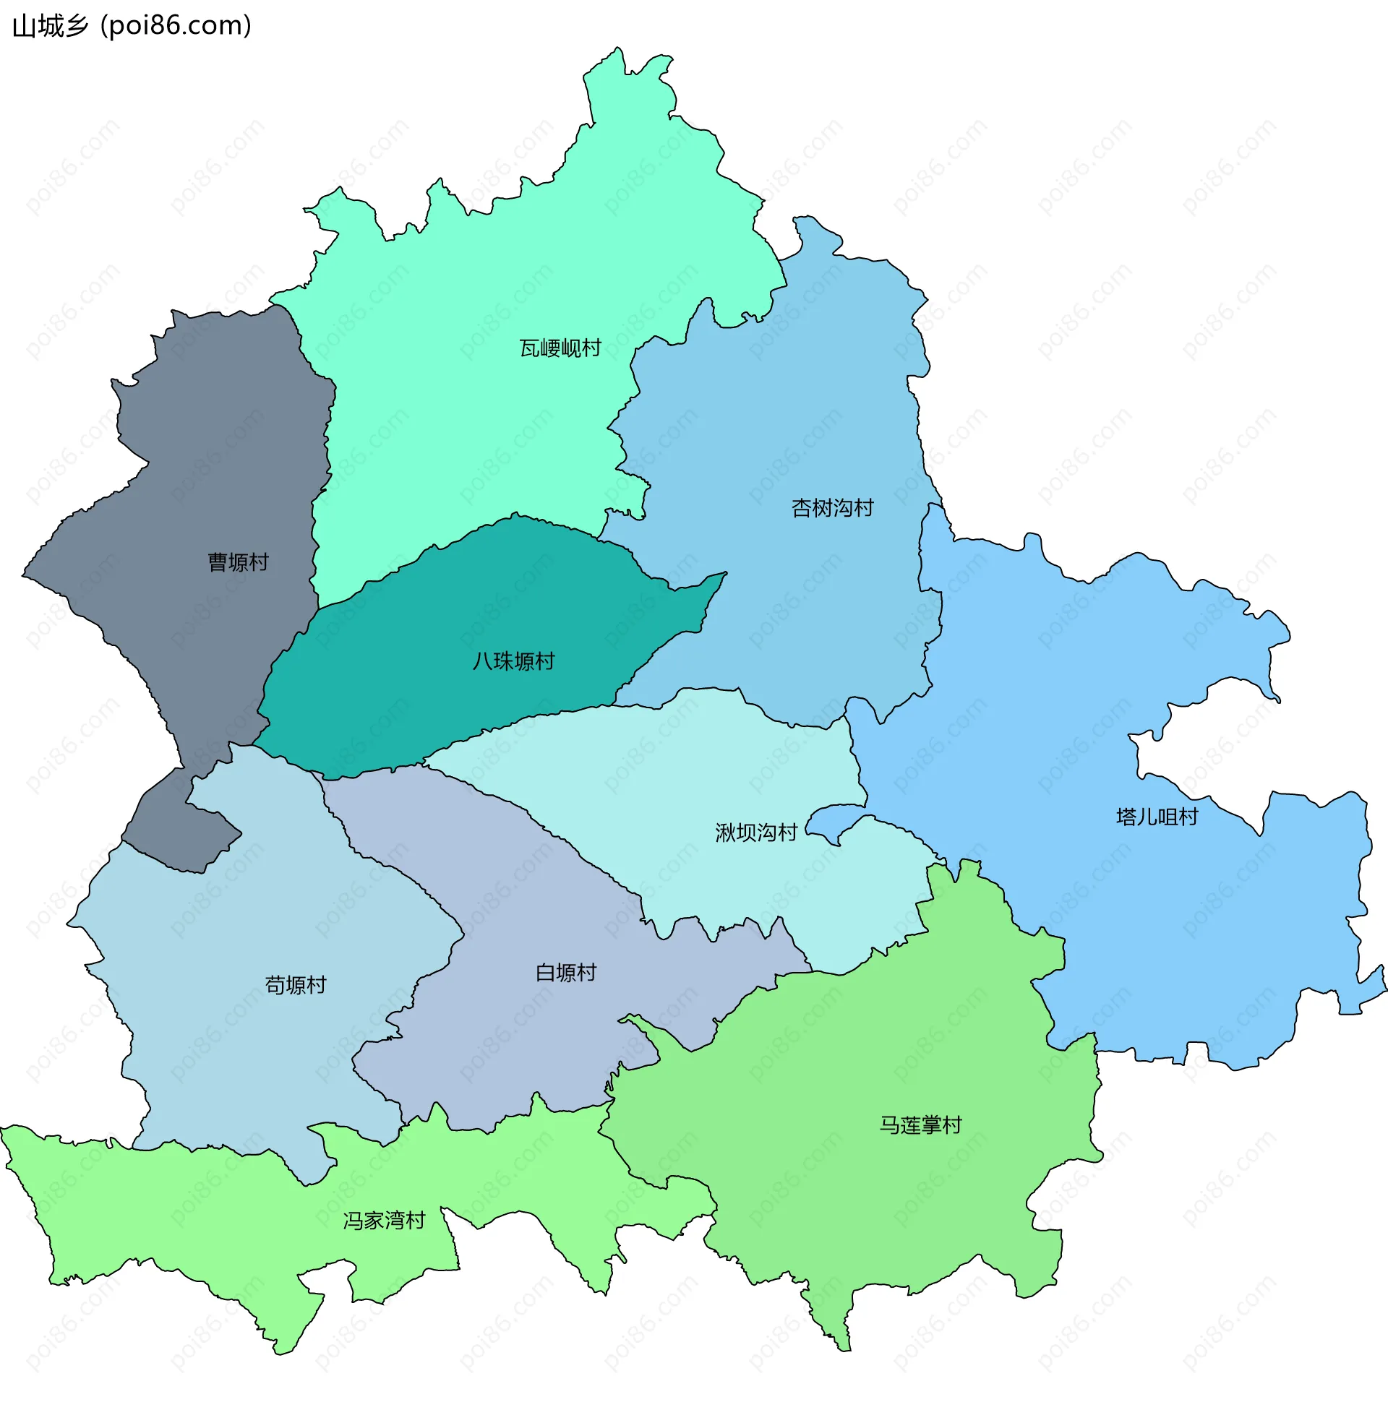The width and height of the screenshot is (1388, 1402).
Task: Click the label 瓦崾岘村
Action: tap(560, 348)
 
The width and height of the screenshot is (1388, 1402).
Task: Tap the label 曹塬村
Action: tap(238, 562)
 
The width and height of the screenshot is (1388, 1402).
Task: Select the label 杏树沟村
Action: tap(832, 508)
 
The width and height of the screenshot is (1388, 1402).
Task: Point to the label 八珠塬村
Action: tap(513, 661)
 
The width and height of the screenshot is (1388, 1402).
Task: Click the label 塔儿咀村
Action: tap(1157, 817)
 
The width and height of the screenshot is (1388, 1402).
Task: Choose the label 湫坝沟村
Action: tap(755, 833)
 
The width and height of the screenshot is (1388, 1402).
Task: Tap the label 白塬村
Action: tap(565, 973)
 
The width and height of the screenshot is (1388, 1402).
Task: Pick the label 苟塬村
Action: tap(296, 985)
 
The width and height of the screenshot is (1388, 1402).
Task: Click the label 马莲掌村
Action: tap(920, 1124)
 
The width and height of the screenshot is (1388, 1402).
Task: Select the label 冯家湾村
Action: tap(384, 1221)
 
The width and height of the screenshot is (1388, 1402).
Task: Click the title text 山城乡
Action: tap(50, 26)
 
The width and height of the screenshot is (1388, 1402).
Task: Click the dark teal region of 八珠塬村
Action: tap(436, 697)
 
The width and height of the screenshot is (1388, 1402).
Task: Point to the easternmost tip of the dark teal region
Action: tap(724, 574)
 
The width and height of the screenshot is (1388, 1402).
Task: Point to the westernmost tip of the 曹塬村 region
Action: tap(24, 575)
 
